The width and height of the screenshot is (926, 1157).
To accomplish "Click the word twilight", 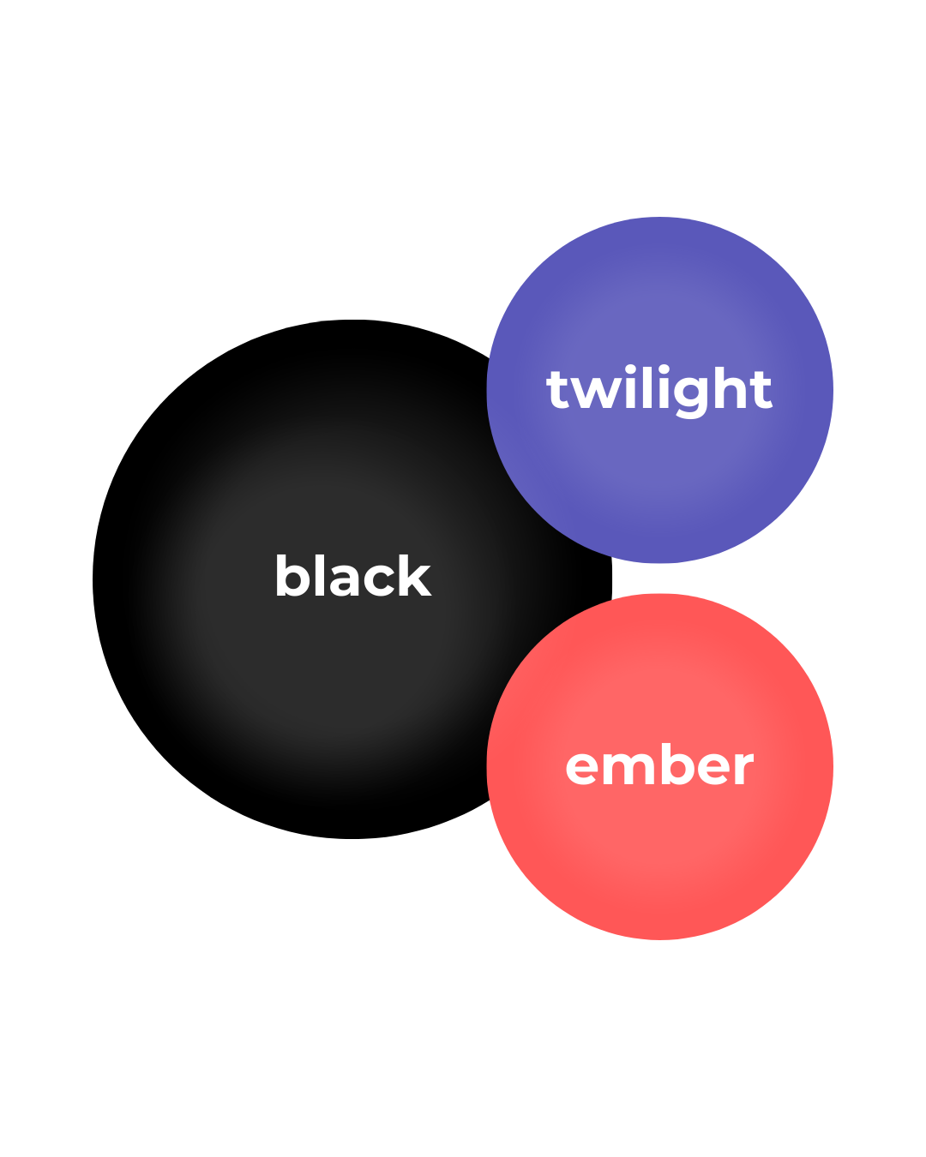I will coord(658,391).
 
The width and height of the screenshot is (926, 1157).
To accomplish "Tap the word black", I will coord(352,576).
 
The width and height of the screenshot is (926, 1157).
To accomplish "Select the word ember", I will coord(659,766).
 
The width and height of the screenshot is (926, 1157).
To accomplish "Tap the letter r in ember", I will coord(743,768).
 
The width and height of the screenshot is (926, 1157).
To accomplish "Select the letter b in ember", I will coord(671,764).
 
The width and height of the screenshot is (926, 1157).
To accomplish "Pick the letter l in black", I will coord(316,575).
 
